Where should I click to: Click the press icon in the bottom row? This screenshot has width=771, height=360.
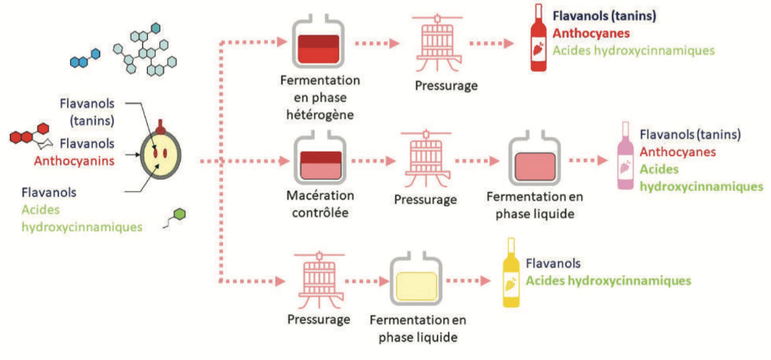coord(319,278)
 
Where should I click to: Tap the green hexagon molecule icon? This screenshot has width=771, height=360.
coord(179,215)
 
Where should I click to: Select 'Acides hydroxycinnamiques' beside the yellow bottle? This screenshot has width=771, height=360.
coord(608,281)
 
